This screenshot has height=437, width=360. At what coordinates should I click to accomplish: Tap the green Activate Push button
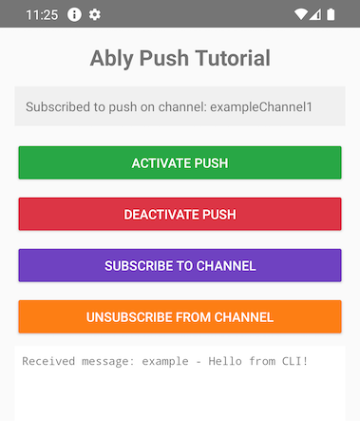[180, 162]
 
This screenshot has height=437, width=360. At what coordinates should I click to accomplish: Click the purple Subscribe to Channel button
[180, 265]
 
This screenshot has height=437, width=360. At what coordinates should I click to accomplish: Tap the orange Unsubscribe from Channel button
[180, 316]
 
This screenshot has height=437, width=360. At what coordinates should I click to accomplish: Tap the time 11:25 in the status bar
[41, 15]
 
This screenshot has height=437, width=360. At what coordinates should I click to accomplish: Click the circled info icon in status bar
[74, 15]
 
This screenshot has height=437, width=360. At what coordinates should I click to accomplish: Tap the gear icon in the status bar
[95, 15]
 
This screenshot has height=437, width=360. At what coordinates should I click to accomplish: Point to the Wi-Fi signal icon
[301, 15]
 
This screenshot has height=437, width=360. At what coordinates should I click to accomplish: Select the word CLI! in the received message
[295, 361]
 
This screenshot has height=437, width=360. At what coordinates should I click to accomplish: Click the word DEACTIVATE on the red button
[160, 214]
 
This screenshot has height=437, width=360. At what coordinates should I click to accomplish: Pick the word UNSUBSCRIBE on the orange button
[130, 316]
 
